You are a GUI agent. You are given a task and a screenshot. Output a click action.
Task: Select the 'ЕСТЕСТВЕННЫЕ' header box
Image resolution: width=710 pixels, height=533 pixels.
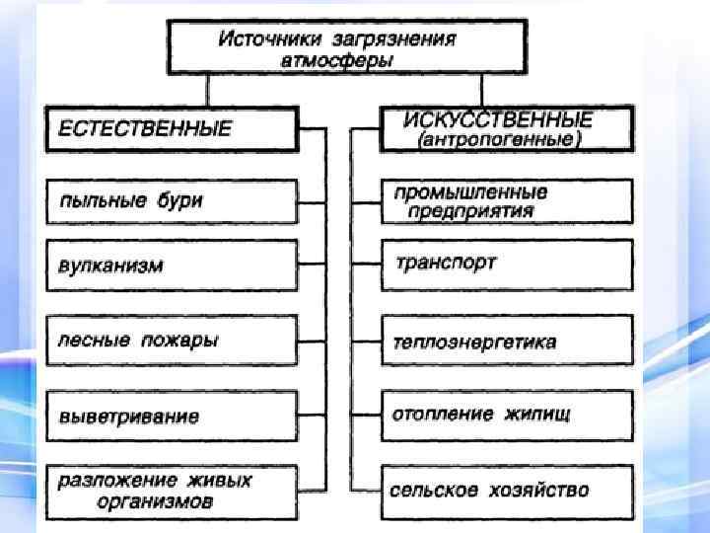[170, 127]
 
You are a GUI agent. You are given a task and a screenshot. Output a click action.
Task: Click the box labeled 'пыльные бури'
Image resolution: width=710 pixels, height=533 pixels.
[170, 201]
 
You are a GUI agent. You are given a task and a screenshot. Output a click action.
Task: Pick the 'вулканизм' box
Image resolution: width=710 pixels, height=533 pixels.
[170, 266]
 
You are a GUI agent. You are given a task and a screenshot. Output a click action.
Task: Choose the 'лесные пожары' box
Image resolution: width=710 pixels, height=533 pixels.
[170, 341]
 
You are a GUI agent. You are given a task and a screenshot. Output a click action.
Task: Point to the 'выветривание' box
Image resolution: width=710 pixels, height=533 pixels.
[170, 416]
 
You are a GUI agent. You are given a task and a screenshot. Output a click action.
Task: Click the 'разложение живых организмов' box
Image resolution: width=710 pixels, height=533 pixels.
[170, 491]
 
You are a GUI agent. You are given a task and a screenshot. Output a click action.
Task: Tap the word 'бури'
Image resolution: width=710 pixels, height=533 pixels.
[178, 200]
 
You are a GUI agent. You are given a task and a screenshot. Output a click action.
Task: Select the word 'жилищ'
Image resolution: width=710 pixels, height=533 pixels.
[531, 413]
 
